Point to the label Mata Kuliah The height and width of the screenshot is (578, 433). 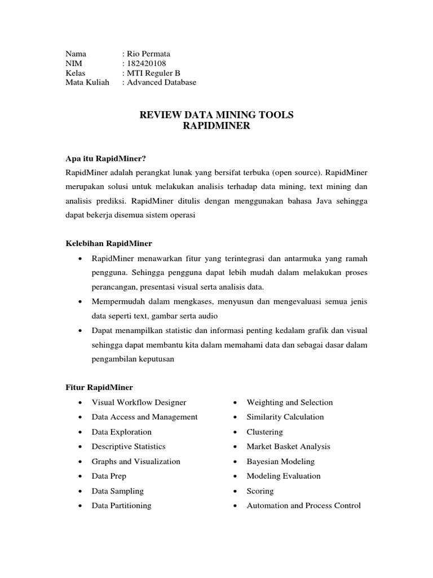pos(87,82)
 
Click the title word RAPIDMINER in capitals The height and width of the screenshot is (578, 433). pos(216,126)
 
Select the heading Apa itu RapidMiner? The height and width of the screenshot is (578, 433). pos(109,158)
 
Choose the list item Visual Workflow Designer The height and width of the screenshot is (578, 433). pos(139,402)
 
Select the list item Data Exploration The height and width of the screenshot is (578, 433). pos(122,432)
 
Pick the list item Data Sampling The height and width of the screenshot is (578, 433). pos(118,491)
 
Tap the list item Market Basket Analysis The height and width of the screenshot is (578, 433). pos(288,446)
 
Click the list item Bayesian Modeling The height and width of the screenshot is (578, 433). pos(280,461)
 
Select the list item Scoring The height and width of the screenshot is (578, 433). pos(260,491)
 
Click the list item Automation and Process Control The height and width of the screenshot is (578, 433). pos(303,506)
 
